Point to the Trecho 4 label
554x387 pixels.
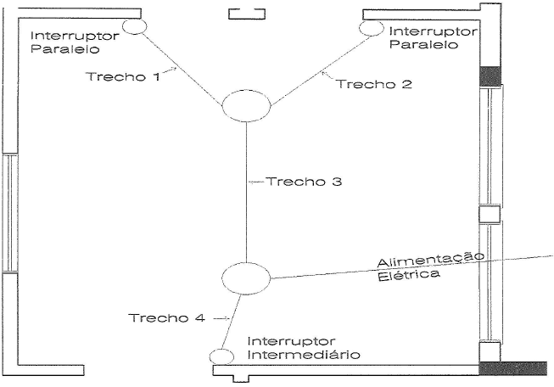click(167, 318)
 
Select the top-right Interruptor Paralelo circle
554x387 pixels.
click(372, 29)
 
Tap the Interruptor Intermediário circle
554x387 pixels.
click(221, 356)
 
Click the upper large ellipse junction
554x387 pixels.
click(246, 108)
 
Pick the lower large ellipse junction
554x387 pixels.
click(245, 278)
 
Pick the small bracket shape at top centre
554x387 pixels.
click(247, 14)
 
